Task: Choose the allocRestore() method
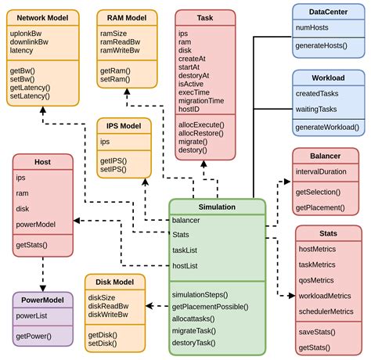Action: [x=202, y=134]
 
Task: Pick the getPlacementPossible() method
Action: [x=211, y=307]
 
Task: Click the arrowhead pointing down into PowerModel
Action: [x=43, y=287]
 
